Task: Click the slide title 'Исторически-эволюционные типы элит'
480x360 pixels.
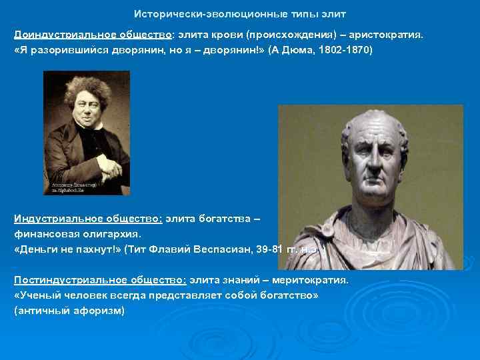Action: click(x=240, y=13)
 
